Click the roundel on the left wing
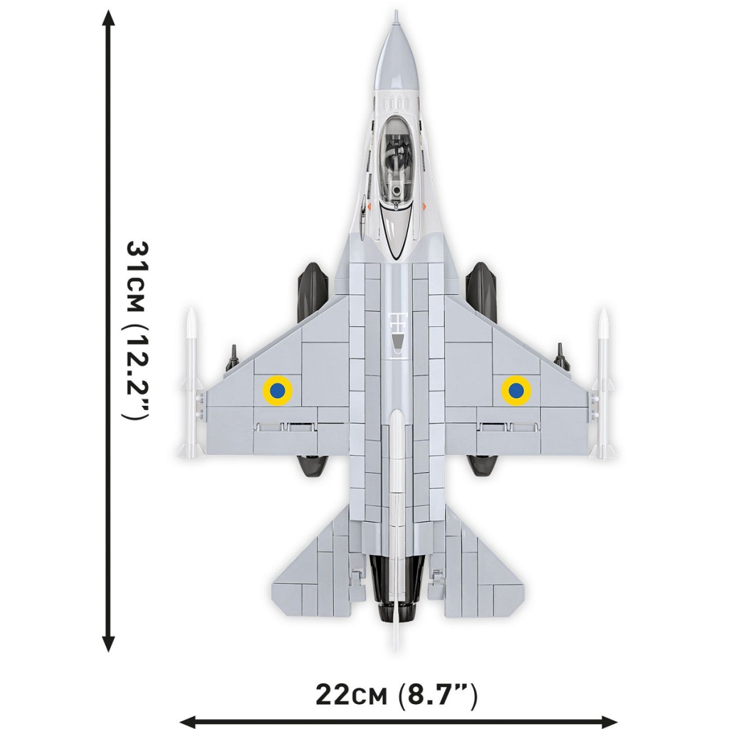click(277, 389)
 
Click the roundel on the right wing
click(515, 389)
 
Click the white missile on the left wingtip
click(190, 384)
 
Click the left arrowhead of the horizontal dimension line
click(187, 720)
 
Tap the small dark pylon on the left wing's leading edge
click(231, 356)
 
